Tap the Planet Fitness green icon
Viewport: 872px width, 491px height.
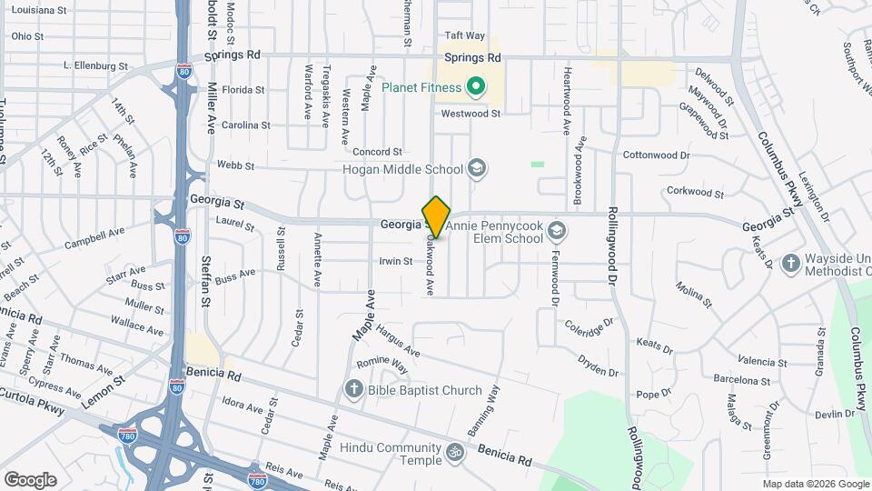[x=473, y=88]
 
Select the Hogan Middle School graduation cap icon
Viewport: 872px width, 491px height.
[x=477, y=168]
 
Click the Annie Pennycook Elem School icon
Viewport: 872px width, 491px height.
[x=557, y=234]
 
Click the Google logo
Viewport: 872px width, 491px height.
[x=30, y=479]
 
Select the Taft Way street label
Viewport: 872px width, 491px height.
[x=465, y=35]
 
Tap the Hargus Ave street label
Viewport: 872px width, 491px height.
[x=398, y=339]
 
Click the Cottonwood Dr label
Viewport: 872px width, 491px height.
[x=657, y=155]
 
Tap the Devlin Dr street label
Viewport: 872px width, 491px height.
[x=829, y=414]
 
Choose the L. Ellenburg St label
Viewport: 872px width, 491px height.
[x=95, y=65]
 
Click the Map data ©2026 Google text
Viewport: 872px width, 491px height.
[x=815, y=484]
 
